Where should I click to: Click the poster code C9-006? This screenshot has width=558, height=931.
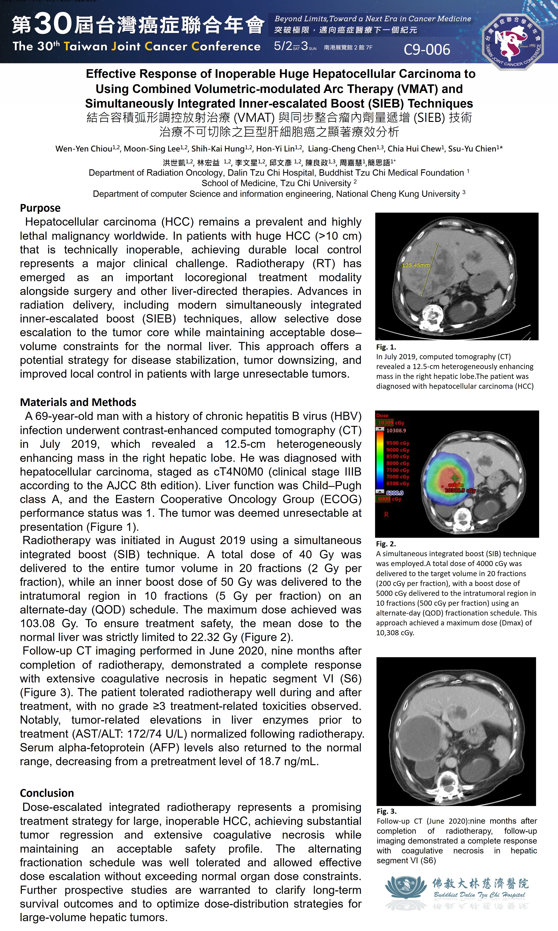click(427, 49)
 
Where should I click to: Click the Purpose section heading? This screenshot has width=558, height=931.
click(40, 208)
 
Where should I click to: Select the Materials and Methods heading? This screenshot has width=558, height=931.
click(78, 402)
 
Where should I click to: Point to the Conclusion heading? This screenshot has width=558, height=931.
click(47, 793)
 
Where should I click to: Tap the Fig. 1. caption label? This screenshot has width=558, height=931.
click(386, 347)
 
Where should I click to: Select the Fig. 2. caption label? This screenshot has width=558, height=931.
click(386, 544)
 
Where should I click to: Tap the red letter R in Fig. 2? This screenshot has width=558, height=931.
click(386, 514)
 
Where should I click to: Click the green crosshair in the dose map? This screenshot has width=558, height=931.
click(455, 478)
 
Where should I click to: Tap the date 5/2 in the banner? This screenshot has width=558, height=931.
click(283, 46)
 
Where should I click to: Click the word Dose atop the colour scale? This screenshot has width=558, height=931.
click(382, 415)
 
